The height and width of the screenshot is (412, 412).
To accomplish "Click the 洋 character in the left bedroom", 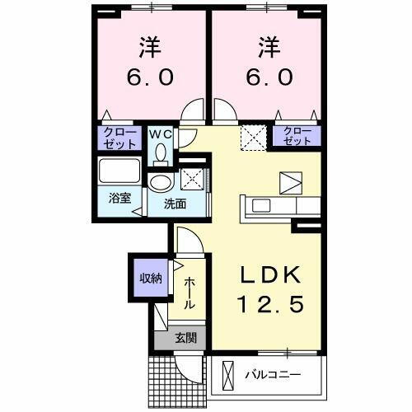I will [150, 48].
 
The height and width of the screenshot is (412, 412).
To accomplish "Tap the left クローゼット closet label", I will [119, 136].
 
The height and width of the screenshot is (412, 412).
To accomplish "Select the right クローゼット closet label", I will [298, 136].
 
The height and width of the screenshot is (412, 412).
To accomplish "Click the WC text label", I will [160, 133].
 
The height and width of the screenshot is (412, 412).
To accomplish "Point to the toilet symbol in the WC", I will [161, 152].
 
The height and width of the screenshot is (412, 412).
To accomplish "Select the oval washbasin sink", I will [160, 183].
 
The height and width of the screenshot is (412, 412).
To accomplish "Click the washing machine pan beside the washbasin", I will [194, 179].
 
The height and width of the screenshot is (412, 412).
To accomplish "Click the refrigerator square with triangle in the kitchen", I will [292, 180].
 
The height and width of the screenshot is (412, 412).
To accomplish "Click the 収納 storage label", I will [150, 277].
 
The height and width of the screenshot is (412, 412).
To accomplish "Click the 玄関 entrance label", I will [185, 336].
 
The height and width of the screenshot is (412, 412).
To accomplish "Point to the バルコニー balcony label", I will [273, 375].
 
